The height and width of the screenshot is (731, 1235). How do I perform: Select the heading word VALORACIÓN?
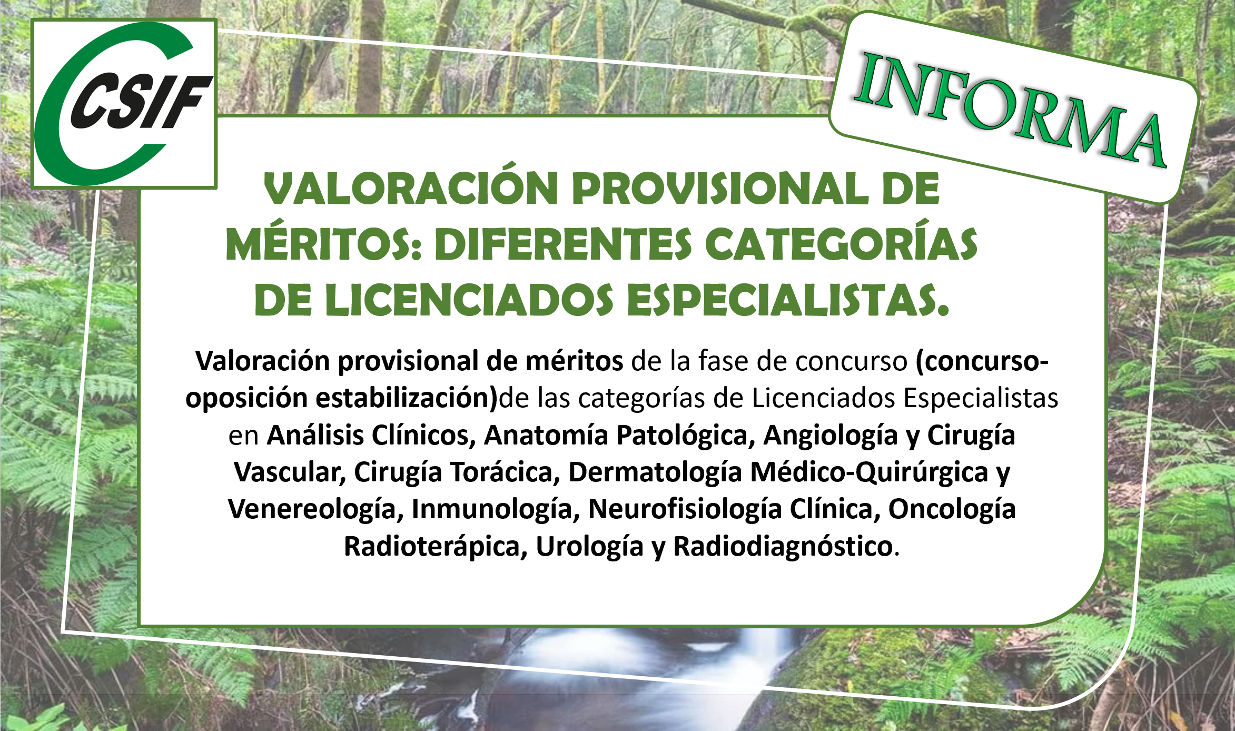click(411, 189)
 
